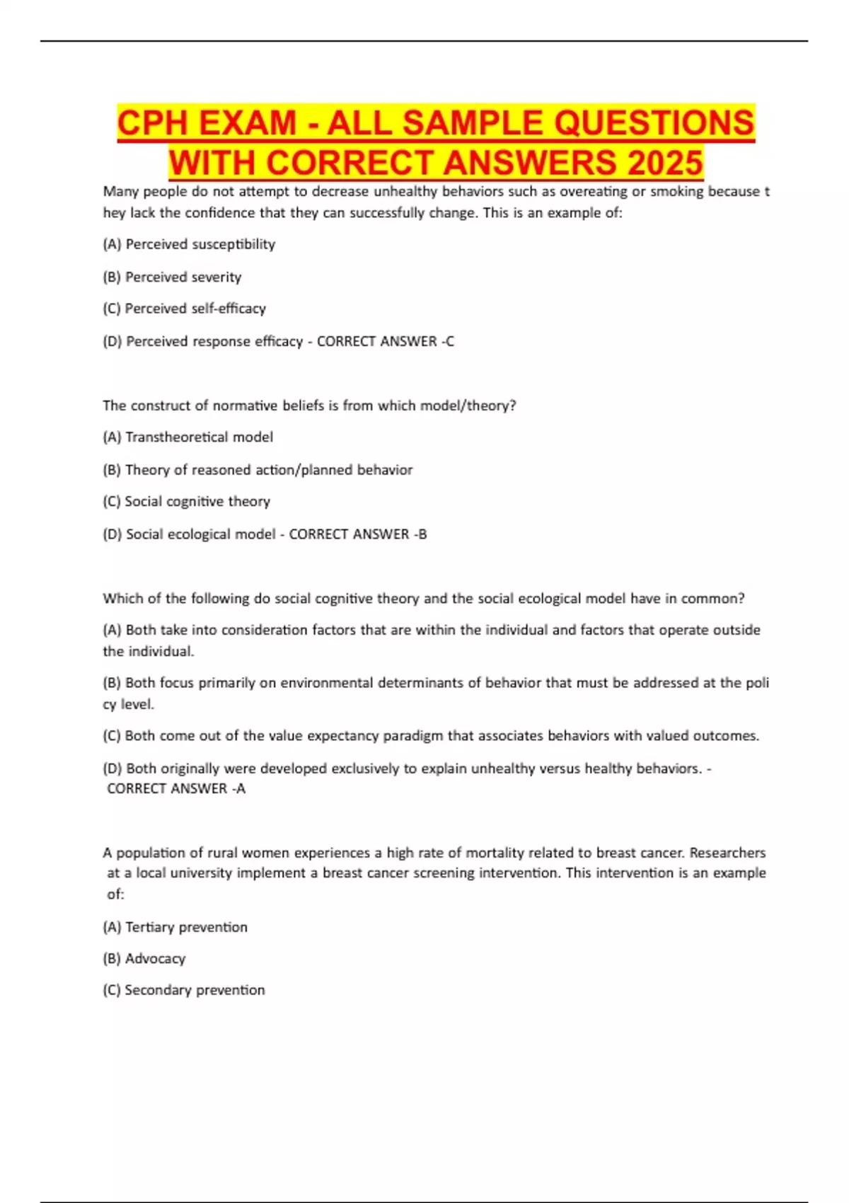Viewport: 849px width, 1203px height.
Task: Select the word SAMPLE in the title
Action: click(473, 122)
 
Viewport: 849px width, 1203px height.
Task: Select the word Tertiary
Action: click(149, 927)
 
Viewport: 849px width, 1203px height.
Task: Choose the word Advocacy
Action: click(155, 959)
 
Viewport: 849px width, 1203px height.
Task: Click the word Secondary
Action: click(158, 990)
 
